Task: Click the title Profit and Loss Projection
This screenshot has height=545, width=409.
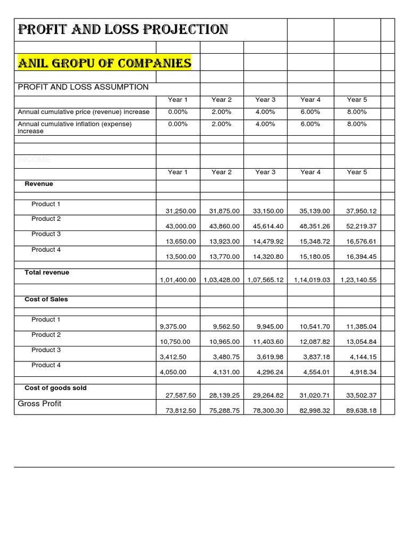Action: [123, 30]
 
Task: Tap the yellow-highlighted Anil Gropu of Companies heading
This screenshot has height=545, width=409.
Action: [104, 64]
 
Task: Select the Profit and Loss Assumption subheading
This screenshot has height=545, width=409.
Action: [84, 87]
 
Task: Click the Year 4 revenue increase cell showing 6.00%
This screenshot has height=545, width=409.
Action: [310, 112]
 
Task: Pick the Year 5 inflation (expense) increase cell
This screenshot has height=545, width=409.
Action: [357, 124]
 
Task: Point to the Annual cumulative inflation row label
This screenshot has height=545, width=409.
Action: [75, 127]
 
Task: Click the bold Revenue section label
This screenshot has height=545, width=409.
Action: [39, 184]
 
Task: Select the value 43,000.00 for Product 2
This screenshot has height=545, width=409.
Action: [178, 226]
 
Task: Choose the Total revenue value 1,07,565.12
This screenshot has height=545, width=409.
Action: [266, 279]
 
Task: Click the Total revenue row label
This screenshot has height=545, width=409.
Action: [47, 272]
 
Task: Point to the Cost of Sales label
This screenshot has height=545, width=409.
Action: [46, 299]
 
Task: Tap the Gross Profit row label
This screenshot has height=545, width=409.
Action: [39, 403]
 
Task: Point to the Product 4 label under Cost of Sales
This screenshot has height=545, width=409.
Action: [46, 365]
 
